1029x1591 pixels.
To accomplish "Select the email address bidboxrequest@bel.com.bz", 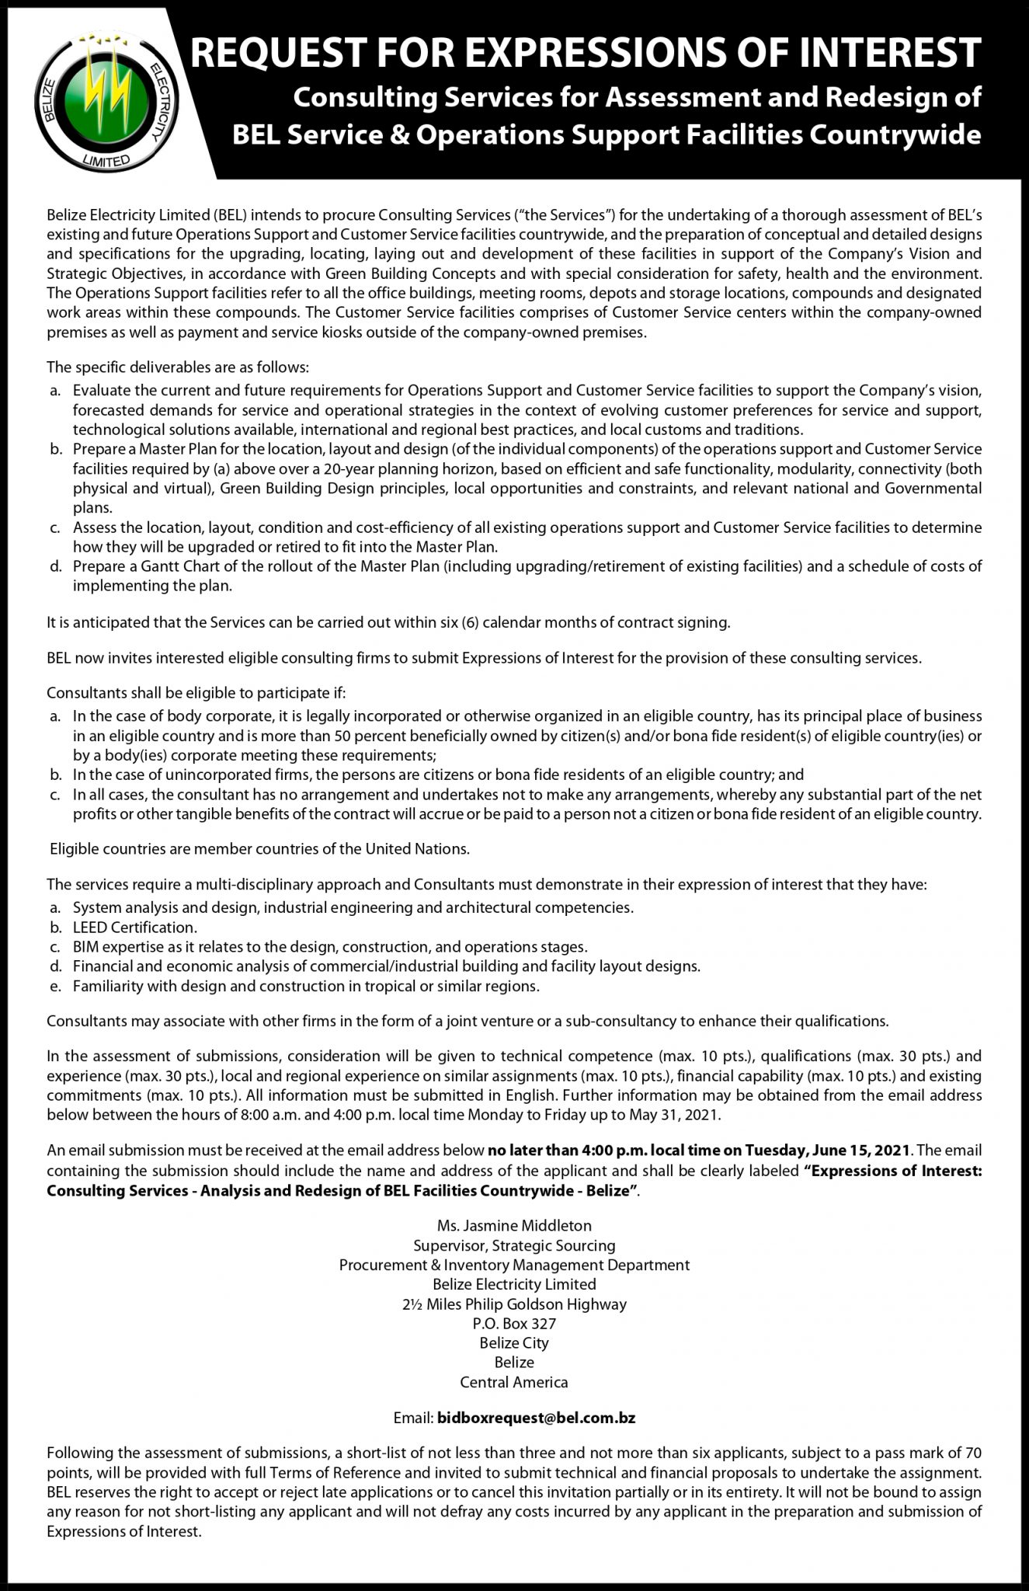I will pyautogui.click(x=537, y=1418).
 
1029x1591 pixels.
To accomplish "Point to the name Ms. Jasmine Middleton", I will pyautogui.click(x=514, y=1226).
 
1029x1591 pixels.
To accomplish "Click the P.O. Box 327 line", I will pyautogui.click(x=514, y=1323).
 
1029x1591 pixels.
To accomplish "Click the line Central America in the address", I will pyautogui.click(x=514, y=1382).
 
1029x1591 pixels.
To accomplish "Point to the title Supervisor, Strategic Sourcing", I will pyautogui.click(x=514, y=1245).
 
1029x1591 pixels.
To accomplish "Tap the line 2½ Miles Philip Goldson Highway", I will pyautogui.click(x=514, y=1304).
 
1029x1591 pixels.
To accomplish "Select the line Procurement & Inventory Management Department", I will pyautogui.click(x=514, y=1265).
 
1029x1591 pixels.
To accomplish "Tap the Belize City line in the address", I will pyautogui.click(x=514, y=1342).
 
